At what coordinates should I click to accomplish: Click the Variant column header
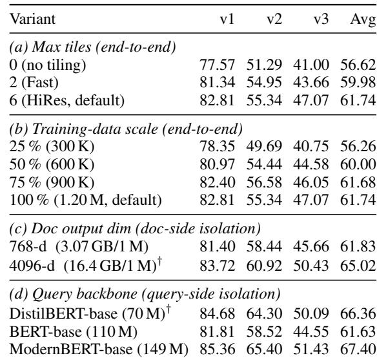tap(32, 19)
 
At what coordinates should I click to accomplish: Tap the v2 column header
tap(274, 19)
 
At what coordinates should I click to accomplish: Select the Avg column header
tap(363, 19)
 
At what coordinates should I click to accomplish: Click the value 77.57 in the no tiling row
tap(217, 65)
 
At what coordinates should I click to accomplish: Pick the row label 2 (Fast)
tap(34, 83)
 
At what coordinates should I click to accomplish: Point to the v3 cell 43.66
tap(311, 82)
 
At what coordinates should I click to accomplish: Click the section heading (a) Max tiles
tap(92, 47)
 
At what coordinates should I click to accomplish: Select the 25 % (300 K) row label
tap(52, 146)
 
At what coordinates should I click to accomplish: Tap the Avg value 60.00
tap(358, 164)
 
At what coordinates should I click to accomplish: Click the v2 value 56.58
tap(264, 182)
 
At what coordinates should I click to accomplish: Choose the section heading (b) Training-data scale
tap(126, 129)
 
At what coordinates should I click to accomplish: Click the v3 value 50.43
tap(311, 266)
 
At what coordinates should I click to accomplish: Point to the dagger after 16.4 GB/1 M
tap(159, 262)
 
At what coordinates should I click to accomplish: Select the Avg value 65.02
tap(358, 266)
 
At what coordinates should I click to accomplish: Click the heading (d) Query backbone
tap(145, 294)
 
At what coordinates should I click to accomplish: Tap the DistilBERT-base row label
tap(90, 313)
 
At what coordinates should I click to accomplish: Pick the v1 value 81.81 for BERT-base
tap(217, 332)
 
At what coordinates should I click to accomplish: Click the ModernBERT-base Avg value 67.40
tap(358, 349)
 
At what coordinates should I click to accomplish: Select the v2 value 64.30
tap(264, 314)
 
